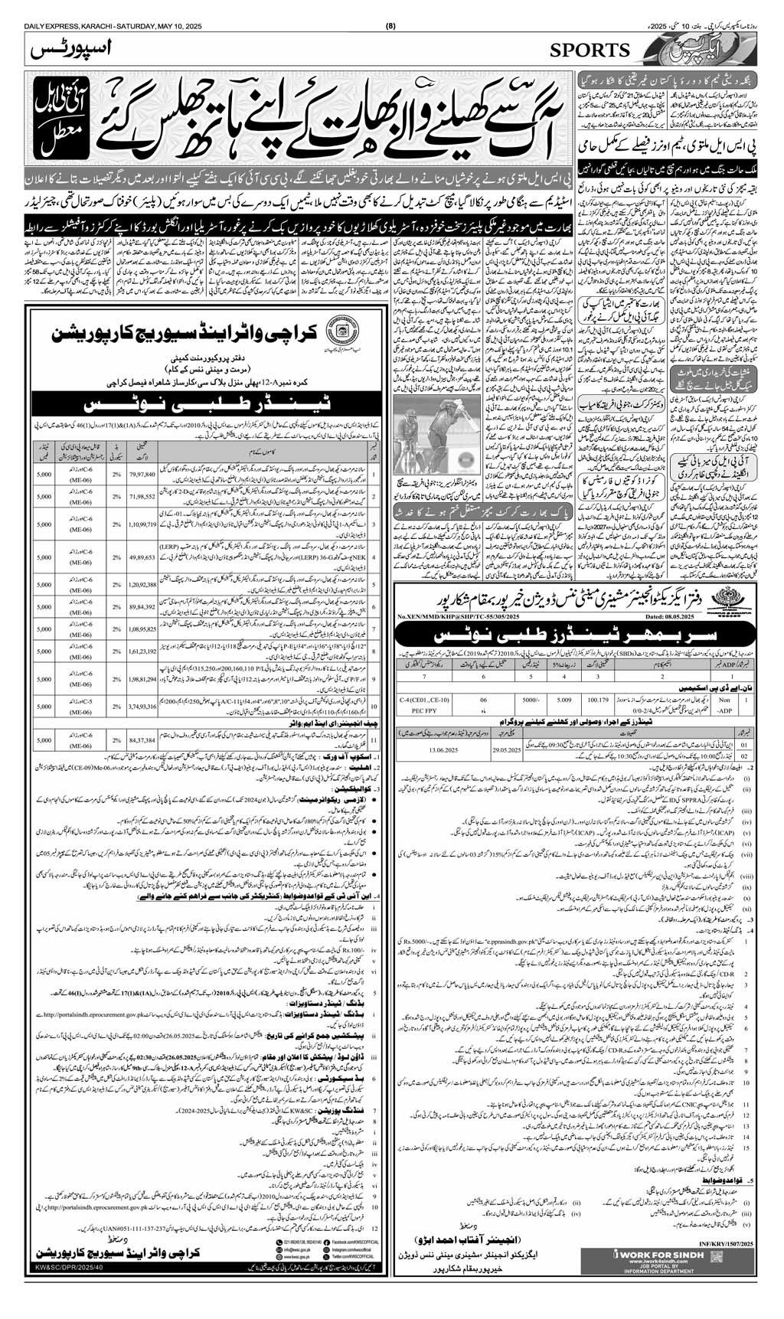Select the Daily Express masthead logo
tap(702, 52)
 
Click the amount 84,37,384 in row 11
tap(143, 741)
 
